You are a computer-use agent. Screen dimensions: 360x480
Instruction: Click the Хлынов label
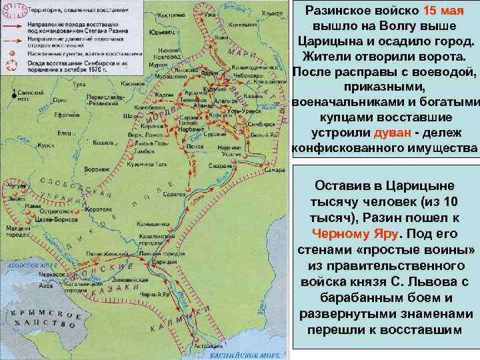click(272, 13)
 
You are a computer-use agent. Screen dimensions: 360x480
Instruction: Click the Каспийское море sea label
click(247, 355)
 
